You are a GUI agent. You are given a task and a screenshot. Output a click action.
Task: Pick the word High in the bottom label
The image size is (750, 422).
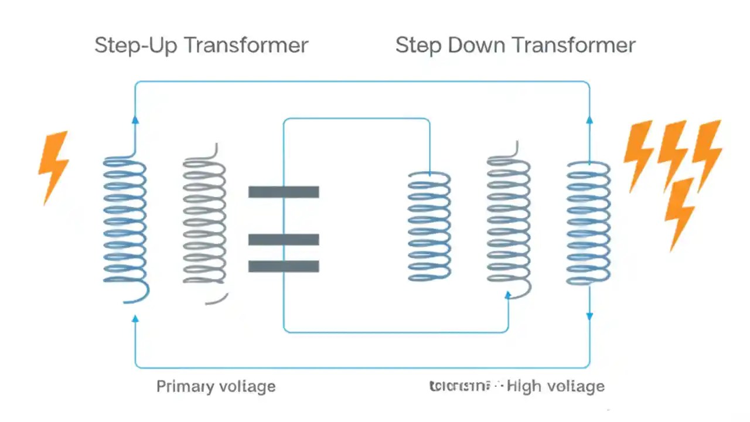(x=524, y=386)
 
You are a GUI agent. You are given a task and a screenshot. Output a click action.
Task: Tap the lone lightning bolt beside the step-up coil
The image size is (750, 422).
(x=53, y=166)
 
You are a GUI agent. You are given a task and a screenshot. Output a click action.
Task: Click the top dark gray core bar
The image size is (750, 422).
(x=284, y=192)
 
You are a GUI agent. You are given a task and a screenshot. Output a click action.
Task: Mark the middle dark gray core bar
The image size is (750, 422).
(x=284, y=239)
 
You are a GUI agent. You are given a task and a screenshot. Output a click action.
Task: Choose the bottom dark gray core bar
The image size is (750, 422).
(x=284, y=266)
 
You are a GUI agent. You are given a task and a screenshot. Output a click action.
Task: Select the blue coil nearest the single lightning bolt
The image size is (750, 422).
(x=125, y=223)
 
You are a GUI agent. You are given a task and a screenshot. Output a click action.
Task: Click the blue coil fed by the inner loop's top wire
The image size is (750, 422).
(x=429, y=226)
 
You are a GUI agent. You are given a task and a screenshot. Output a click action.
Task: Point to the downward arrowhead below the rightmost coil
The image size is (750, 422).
(x=589, y=316)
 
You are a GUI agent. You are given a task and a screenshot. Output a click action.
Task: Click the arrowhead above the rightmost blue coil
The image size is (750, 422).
(x=589, y=120)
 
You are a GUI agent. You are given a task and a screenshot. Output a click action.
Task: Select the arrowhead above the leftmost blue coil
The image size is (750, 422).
(x=135, y=120)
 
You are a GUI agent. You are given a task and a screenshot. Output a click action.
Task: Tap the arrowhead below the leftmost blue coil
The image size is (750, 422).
(x=135, y=318)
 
